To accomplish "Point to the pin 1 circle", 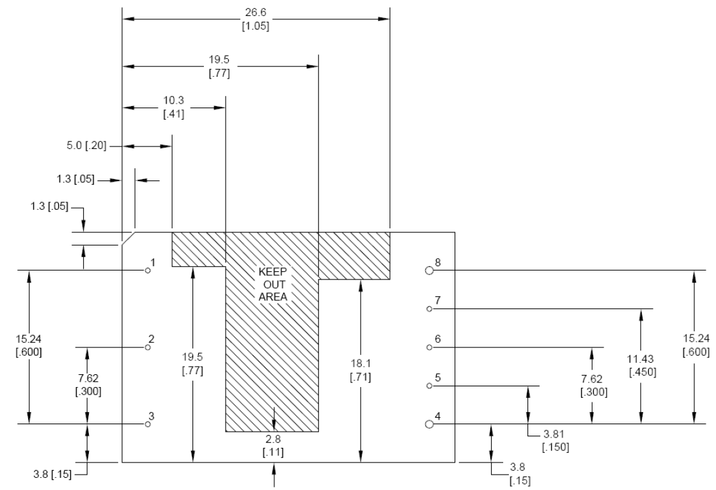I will tap(148, 270).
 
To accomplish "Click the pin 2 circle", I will tap(148, 347).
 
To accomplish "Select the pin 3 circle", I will tap(148, 423).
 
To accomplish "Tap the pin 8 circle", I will tap(429, 270).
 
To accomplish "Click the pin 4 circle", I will tap(429, 423).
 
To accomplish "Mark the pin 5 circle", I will tap(429, 386).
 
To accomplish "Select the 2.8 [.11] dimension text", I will tap(273, 445).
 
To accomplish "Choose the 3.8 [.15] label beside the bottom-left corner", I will tap(52, 474).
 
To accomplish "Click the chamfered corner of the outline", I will tap(128, 238).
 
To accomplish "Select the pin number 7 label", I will tap(437, 300).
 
